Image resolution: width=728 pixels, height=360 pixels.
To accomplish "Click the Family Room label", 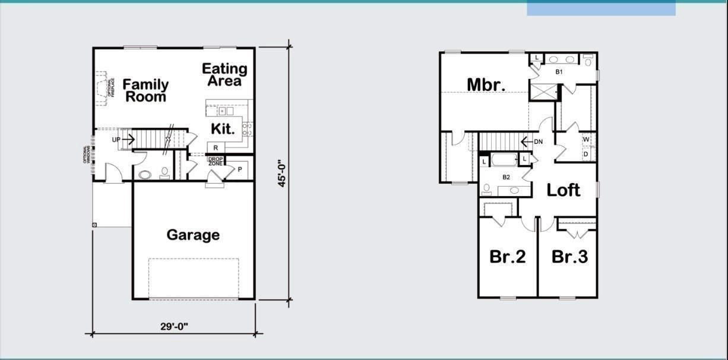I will click(145, 90).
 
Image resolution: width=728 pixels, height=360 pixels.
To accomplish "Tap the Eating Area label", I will click(224, 75).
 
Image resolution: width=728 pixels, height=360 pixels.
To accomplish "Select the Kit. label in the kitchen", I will click(223, 128).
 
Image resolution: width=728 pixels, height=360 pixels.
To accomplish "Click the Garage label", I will click(193, 235).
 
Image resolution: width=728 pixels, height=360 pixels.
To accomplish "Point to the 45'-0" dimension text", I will click(283, 173).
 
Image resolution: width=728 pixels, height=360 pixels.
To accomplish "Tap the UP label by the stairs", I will click(116, 140).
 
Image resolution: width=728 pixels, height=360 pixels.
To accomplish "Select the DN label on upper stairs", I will click(538, 141).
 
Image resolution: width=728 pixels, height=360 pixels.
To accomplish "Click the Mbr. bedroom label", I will click(486, 84).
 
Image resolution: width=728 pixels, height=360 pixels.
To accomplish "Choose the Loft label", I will click(563, 190).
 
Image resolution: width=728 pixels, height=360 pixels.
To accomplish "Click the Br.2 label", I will click(507, 257).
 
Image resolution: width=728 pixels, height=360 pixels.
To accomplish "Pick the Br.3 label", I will click(569, 257).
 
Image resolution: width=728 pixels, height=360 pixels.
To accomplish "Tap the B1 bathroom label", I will click(559, 72).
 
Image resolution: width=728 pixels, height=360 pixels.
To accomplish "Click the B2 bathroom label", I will click(507, 177).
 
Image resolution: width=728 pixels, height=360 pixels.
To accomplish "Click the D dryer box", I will click(586, 154).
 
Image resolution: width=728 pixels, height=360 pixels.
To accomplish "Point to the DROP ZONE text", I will click(215, 161).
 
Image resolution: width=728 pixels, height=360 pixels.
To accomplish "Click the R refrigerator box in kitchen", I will click(216, 147).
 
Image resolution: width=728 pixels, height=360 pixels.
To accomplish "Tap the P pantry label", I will click(240, 169).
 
